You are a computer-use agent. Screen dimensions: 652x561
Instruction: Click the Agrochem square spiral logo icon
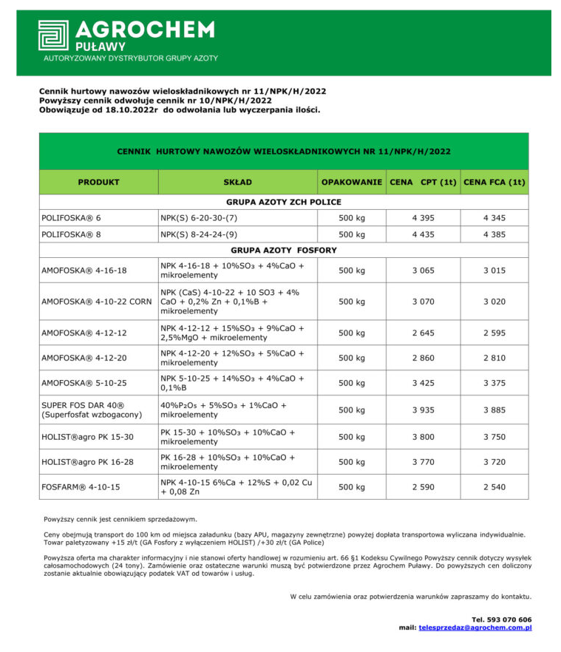pos(53,35)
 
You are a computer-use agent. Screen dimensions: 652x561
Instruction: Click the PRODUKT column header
pos(98,182)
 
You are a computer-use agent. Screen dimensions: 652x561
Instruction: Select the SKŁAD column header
pos(237,182)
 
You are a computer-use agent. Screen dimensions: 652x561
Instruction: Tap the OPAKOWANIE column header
pos(351,182)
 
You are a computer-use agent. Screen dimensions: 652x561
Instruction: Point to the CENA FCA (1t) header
pos(494,182)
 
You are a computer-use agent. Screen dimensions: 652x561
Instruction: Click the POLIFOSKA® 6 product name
pos(71,218)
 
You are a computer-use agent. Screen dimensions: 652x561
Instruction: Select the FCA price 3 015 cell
pos(494,271)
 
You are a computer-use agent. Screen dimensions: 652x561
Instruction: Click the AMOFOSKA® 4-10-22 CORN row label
pos(97,302)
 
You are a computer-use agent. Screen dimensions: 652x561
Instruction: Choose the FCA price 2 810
pos(494,358)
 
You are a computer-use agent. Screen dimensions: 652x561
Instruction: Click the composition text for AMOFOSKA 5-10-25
pos(232,383)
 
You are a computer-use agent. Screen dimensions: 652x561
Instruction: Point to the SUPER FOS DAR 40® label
pos(83,405)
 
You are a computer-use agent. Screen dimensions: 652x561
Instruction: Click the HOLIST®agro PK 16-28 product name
pos(87,462)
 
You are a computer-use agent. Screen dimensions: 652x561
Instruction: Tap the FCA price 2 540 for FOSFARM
pos(494,487)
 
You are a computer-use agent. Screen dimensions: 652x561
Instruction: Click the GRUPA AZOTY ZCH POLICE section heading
pos(283,202)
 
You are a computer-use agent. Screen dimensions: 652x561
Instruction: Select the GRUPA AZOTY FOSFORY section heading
pos(283,251)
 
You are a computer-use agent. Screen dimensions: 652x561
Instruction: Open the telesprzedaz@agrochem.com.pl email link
pos(475,628)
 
